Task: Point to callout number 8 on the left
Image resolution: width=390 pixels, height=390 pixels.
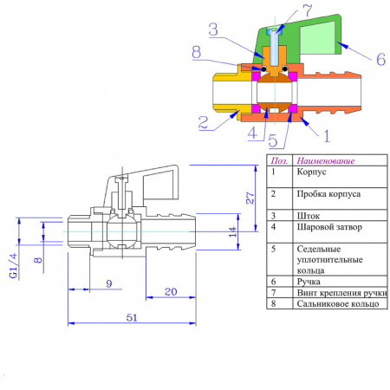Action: [199, 53]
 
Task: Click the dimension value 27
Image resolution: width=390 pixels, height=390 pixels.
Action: [249, 198]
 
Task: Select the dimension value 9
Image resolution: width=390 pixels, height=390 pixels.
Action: [108, 283]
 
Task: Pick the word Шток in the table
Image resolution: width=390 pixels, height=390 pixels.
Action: [309, 214]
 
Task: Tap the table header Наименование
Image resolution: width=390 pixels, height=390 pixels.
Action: [329, 160]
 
